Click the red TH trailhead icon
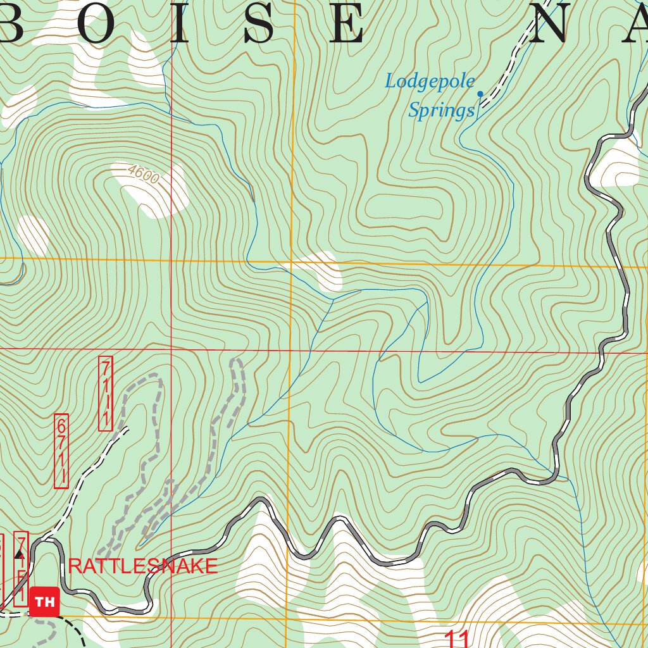[45, 602]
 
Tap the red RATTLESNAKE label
[143, 566]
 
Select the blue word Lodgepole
[430, 81]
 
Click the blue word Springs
[440, 111]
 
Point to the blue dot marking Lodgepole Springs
[480, 94]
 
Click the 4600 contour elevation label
[142, 174]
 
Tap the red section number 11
[457, 638]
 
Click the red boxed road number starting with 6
[61, 451]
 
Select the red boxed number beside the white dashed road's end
[106, 394]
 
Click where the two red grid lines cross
[171, 348]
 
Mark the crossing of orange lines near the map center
[291, 261]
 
